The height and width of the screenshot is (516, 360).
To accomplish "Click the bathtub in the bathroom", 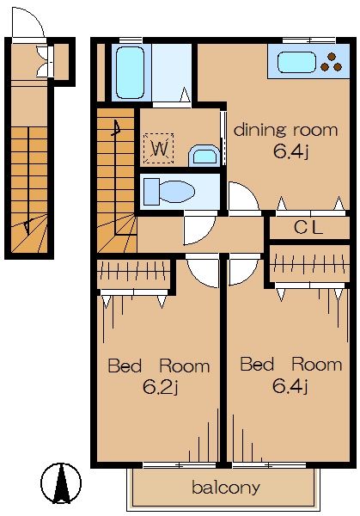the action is pos(130,72).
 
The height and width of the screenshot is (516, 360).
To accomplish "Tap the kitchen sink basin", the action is pos(296,62).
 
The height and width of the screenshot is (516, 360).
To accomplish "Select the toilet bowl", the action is pos(176,192).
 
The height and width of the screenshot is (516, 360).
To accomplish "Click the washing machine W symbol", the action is pos(159,148).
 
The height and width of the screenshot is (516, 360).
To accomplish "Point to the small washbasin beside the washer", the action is pos(204,156).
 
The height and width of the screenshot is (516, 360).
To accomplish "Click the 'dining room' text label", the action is pos(285,130).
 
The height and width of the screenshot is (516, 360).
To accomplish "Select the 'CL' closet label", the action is pos(308,227).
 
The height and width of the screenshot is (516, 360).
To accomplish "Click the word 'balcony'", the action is pos(226,487).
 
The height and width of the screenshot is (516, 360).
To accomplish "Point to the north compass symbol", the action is pos(61,483).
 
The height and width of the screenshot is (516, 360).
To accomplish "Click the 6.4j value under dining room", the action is pos(290,151).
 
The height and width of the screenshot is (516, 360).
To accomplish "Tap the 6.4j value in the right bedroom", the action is pos(290,385).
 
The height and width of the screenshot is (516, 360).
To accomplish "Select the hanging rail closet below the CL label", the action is pos(309,263).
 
